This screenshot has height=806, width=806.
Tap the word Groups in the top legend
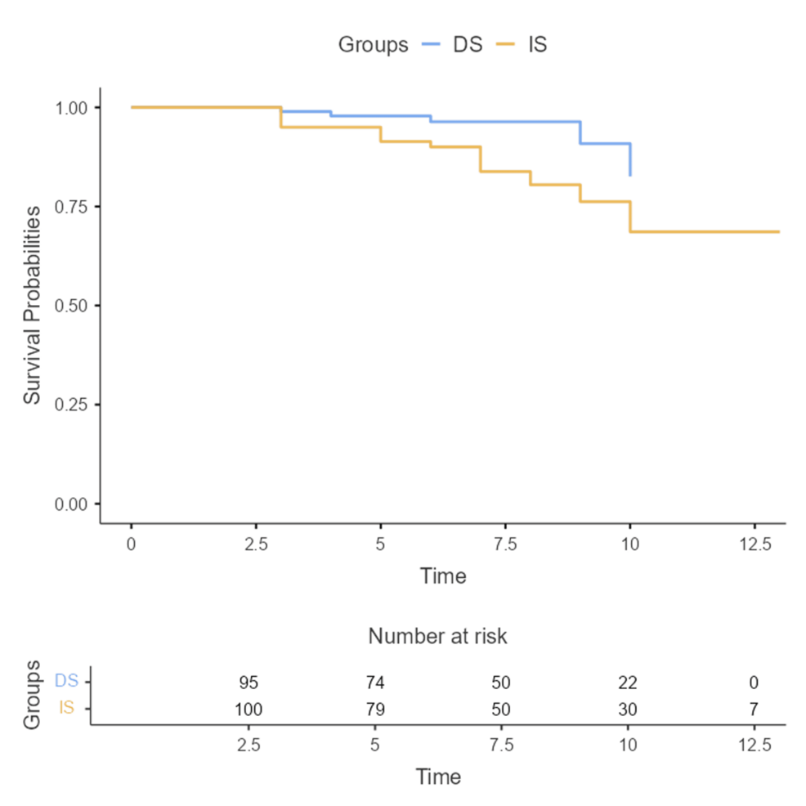click(x=373, y=45)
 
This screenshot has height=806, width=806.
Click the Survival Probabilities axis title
click(x=32, y=305)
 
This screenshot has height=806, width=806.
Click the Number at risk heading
click(x=437, y=636)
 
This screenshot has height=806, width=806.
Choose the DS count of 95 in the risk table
click(x=249, y=683)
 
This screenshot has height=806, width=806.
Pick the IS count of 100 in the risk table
click(x=249, y=708)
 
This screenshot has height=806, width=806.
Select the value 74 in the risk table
click(x=374, y=683)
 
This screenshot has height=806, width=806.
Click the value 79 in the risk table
click(x=374, y=708)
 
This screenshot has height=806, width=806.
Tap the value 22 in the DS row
click(x=627, y=683)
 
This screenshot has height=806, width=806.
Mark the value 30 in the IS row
click(x=627, y=708)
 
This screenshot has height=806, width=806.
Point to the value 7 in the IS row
click(x=753, y=708)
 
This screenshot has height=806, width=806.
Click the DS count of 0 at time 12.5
click(x=753, y=683)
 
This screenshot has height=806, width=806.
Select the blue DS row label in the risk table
click(x=66, y=680)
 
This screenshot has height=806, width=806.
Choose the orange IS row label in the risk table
click(x=66, y=708)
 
